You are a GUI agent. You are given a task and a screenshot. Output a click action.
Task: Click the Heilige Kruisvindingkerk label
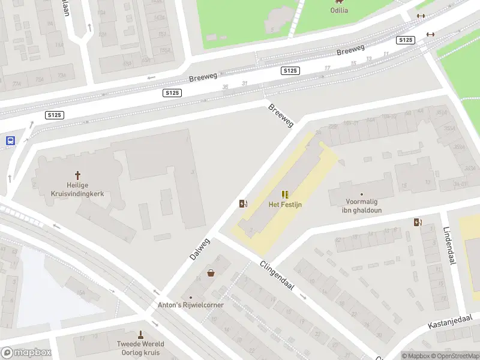coord(77,189)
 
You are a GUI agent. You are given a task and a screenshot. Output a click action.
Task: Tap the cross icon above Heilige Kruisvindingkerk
coord(77,175)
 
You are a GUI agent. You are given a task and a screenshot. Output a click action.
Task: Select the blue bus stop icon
coord(10,141)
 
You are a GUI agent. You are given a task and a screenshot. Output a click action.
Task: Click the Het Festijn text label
coord(284,205)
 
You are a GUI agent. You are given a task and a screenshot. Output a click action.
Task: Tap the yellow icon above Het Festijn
coord(285,194)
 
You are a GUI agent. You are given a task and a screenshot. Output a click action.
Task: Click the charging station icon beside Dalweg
coord(243,203)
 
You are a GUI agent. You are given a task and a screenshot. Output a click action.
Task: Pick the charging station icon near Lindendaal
coord(418,223)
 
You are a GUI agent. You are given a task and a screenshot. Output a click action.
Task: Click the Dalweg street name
coord(200,248)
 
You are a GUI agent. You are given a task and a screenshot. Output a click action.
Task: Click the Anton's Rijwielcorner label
coord(191,305)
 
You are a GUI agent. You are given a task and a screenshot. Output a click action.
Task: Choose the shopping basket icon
coord(211,273)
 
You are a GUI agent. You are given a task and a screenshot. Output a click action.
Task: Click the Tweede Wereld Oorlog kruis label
coord(141,348)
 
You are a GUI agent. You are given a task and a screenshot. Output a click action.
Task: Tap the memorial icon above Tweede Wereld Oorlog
coord(141,334)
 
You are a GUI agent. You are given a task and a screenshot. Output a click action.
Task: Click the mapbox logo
coord(26,353)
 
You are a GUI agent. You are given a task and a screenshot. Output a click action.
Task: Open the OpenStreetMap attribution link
coord(455,356)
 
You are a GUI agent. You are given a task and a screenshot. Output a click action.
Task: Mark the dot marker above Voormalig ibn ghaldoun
coord(361,194)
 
